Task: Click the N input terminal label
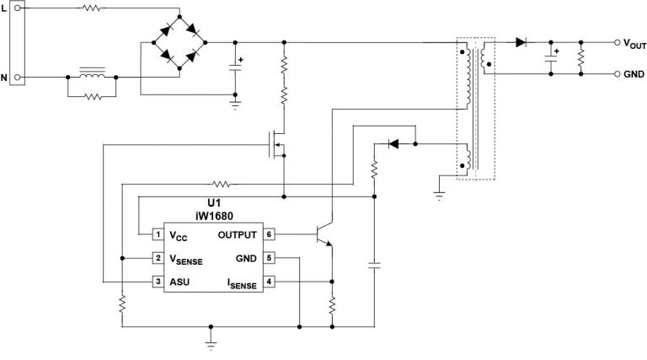[4, 78]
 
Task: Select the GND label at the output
[634, 74]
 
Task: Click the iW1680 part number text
[214, 214]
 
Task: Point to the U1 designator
[214, 203]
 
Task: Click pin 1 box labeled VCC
[157, 234]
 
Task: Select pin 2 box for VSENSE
[157, 257]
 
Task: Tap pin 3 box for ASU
[157, 281]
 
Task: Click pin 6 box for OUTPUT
[269, 234]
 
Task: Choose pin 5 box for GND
[269, 257]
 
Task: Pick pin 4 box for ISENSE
[269, 281]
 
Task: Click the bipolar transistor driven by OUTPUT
[322, 235]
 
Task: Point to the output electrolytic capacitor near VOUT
[551, 56]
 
